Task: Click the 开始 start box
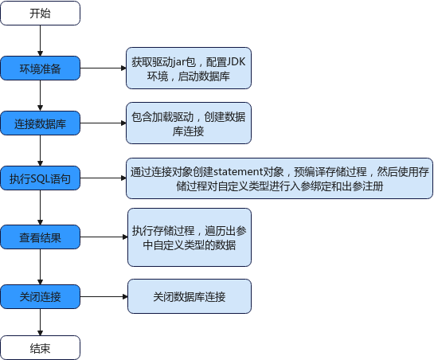[x=40, y=13]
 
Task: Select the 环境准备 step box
[x=40, y=68]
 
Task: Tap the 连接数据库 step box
[x=40, y=123]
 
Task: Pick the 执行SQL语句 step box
[x=40, y=178]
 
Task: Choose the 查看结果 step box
[x=40, y=237]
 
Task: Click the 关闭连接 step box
[x=40, y=296]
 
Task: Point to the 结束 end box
[x=40, y=348]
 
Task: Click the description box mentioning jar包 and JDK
[x=189, y=68]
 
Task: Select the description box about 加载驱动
[x=189, y=123]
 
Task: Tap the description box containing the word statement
[x=280, y=178]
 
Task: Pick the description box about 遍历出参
[x=190, y=237]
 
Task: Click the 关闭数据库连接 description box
[x=190, y=296]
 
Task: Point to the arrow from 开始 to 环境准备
[x=40, y=41]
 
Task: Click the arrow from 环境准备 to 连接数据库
[x=40, y=96]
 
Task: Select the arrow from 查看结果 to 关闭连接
[x=40, y=267]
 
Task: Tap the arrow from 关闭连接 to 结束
[x=40, y=322]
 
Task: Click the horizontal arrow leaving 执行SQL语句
[x=104, y=178]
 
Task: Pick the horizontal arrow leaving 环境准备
[x=104, y=68]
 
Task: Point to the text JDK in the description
[x=236, y=62]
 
